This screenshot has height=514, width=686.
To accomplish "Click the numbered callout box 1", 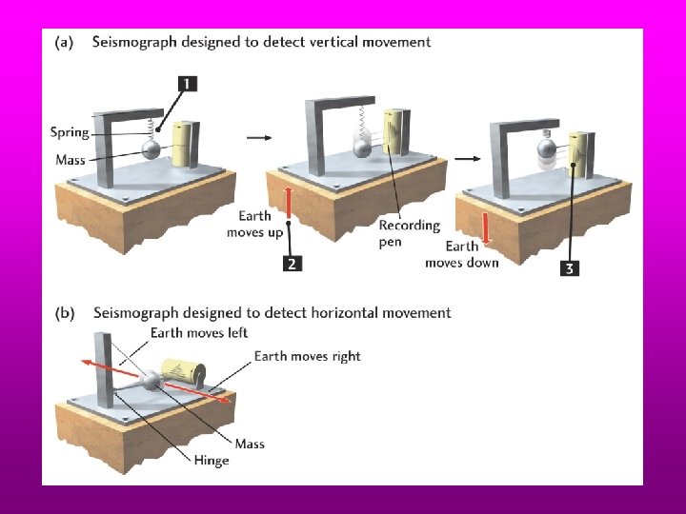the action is pos(187,84).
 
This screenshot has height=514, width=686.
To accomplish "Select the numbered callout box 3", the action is pos(568,268).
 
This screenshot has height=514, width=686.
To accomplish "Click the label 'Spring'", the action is pos(71,132).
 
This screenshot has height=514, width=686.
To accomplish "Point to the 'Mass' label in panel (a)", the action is pos(71,159).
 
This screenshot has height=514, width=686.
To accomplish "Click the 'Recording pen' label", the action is pos(409,233).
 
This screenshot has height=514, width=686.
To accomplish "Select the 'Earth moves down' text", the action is pos(461,254).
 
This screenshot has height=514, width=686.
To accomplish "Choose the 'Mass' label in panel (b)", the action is pos(250,444).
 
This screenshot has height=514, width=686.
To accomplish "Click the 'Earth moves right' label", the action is pos(307,356).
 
